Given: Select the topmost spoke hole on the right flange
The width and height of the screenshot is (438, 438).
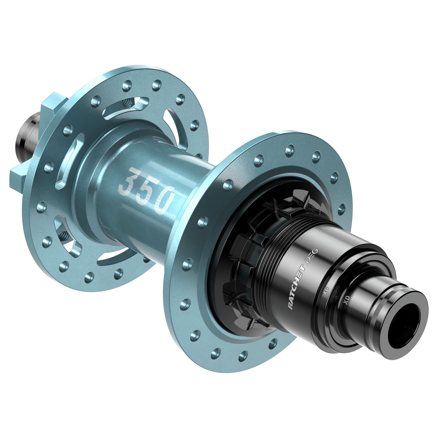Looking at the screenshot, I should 290,149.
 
